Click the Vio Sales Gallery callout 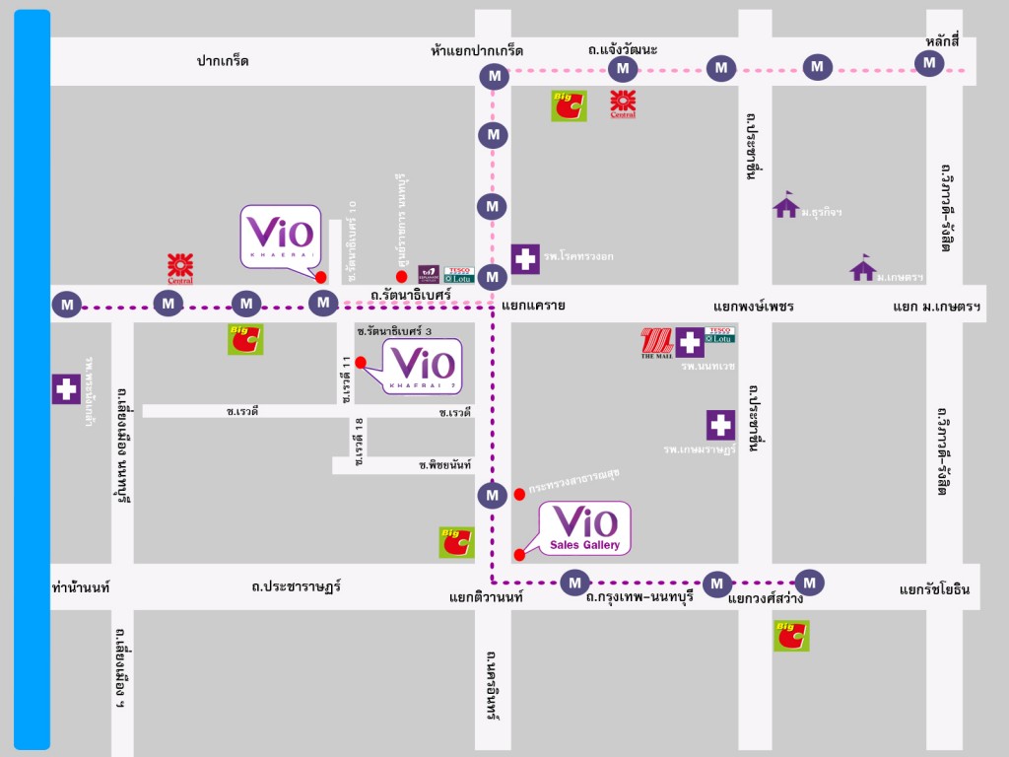click(x=585, y=528)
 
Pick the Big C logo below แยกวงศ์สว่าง click(x=791, y=636)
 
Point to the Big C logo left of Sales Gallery click(x=456, y=542)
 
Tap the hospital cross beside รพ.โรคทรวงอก click(x=525, y=259)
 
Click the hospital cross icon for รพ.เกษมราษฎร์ click(x=720, y=425)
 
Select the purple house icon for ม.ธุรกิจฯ click(x=785, y=205)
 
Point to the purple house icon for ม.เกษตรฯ click(x=863, y=267)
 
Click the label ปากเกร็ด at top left click(x=223, y=61)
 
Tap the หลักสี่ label click(x=943, y=40)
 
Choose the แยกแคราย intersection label click(x=533, y=306)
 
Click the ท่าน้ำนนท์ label click(x=80, y=587)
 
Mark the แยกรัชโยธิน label click(x=934, y=589)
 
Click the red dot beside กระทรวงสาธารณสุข click(x=519, y=494)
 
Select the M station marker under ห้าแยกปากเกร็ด click(x=493, y=76)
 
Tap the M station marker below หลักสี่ click(x=928, y=64)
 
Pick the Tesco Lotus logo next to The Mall click(x=719, y=335)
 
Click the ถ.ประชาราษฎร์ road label click(x=296, y=586)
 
